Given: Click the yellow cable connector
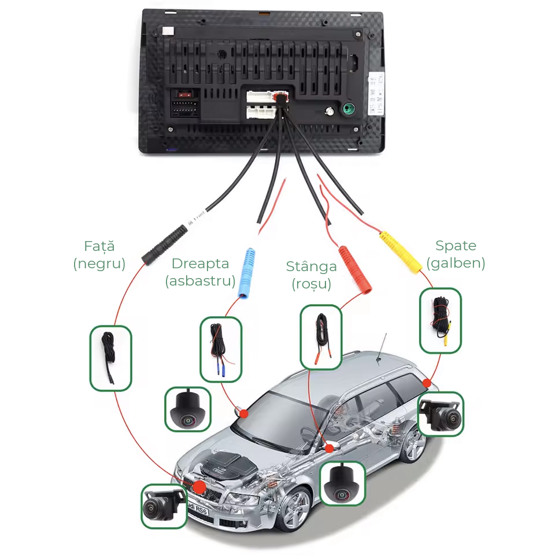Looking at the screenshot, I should [x=401, y=252].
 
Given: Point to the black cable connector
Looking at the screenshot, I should [x=165, y=245].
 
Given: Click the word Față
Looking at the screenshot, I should [x=99, y=246].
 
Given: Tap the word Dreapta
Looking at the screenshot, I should [x=200, y=264].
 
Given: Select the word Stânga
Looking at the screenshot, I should [x=311, y=267].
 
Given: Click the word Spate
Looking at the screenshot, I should [x=456, y=246].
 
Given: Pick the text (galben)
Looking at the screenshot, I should [x=456, y=263].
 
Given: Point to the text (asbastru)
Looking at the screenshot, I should [x=200, y=282].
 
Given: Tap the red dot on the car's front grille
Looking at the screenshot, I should [x=199, y=487].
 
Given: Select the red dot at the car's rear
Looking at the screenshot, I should [x=427, y=383].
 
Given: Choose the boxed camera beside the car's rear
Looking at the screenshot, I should [x=441, y=415].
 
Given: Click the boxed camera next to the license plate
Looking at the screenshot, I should [x=164, y=506].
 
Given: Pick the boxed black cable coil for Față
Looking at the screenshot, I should [x=110, y=357].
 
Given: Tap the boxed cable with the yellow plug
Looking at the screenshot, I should [x=441, y=320].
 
